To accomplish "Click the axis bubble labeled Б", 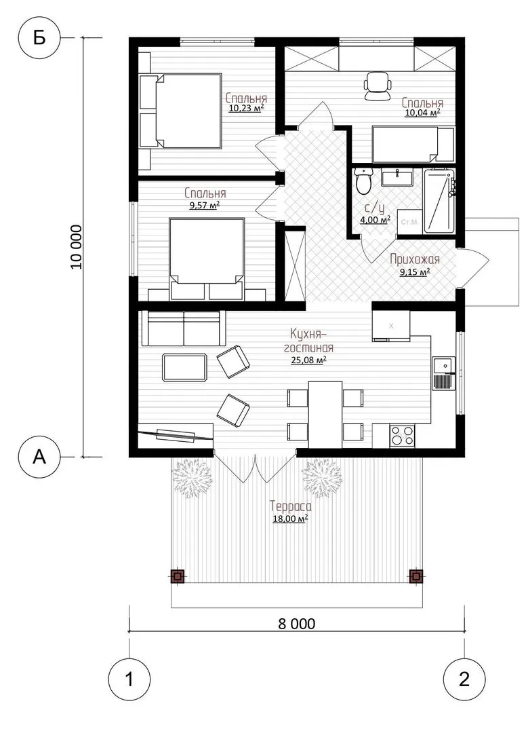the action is [x=39, y=37].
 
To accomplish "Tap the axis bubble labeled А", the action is [x=39, y=456].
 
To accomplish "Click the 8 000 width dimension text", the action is [x=297, y=624].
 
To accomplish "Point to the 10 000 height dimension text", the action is [x=77, y=247].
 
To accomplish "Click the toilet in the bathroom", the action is [x=363, y=180].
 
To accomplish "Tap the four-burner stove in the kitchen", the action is [x=402, y=436].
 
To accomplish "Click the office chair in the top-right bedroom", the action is [x=378, y=86].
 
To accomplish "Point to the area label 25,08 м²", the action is [x=308, y=360].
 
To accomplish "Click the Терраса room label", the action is [x=290, y=506].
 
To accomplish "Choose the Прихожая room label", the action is [x=415, y=259].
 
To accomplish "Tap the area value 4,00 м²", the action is [x=375, y=220].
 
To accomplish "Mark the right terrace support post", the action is [x=415, y=576].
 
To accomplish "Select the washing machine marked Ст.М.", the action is [x=409, y=221].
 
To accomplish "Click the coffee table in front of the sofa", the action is [x=185, y=367].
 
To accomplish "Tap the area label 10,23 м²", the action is [x=247, y=109].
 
